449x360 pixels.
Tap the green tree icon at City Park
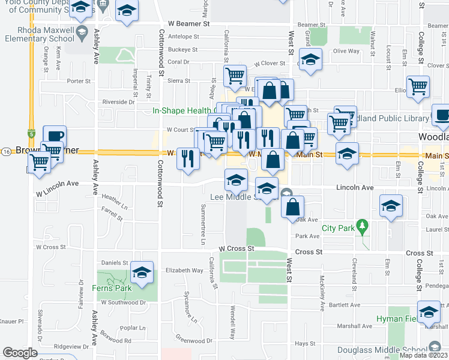(x=361, y=227)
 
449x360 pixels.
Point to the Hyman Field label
(x=395, y=318)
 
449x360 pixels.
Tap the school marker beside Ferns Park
(x=142, y=274)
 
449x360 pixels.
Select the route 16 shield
(x=5, y=150)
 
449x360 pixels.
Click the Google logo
(x=20, y=352)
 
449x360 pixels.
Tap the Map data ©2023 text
(x=423, y=355)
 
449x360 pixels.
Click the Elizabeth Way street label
(x=184, y=271)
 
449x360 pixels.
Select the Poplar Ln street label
(x=133, y=328)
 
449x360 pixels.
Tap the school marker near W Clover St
(x=310, y=59)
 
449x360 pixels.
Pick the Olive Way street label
(x=346, y=51)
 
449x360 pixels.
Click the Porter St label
(x=79, y=80)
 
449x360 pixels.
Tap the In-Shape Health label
(x=182, y=110)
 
